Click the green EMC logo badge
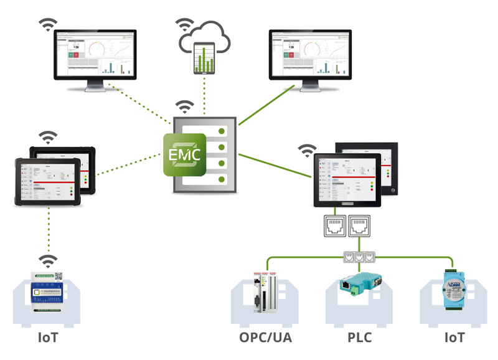[184, 153]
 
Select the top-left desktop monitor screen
[95, 55]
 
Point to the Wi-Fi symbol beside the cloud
[183, 25]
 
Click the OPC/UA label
[265, 339]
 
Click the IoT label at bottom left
[48, 339]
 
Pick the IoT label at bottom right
[453, 339]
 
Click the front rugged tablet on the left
[48, 181]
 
